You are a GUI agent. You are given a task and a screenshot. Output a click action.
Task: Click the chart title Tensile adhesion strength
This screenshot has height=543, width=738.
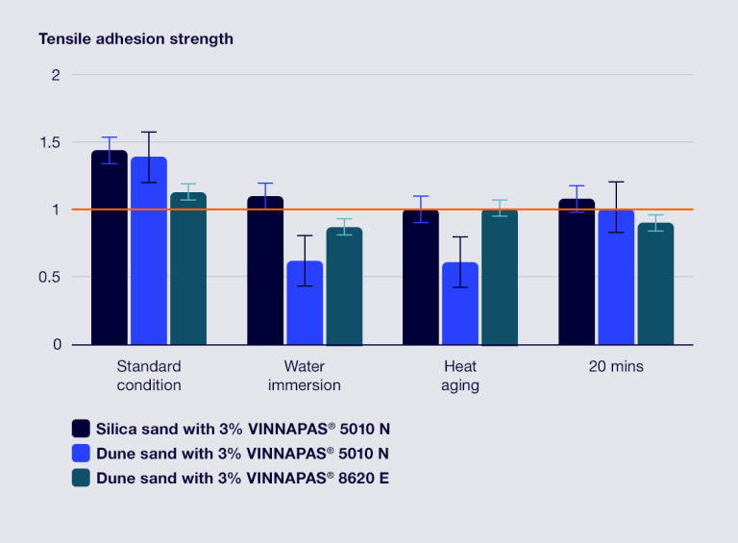pos(135,39)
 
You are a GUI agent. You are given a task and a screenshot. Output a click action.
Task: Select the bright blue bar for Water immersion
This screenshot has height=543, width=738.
pos(305,303)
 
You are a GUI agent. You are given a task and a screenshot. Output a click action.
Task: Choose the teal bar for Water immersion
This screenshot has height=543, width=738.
pos(344,286)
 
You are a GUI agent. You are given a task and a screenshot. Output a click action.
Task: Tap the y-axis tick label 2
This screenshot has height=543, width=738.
pos(56,75)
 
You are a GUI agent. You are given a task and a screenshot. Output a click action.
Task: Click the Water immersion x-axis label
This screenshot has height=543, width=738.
pos(305,376)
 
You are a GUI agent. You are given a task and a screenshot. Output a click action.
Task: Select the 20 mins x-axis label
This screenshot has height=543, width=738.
pos(616,366)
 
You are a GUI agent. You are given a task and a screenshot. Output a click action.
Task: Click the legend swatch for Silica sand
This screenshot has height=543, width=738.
pos(81,428)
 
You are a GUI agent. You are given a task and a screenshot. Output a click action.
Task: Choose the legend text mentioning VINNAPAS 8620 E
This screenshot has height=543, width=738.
pos(242,478)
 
